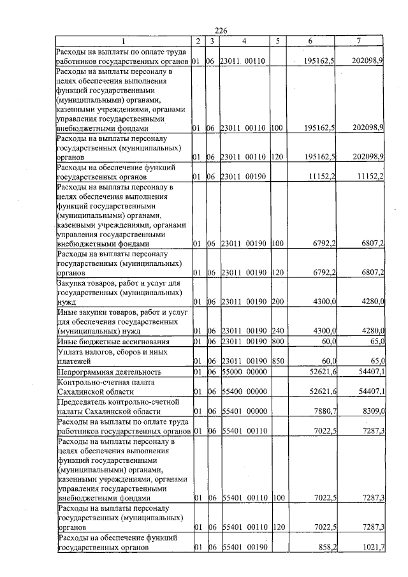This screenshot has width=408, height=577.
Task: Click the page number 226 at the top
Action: point(221,31)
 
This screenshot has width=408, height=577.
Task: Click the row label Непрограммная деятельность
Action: point(101,372)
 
